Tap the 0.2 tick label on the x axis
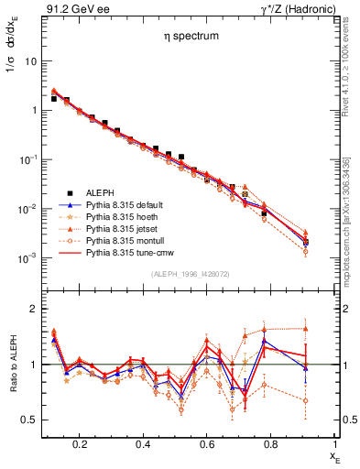pyautogui.click(x=81, y=443)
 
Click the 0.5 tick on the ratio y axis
pyautogui.click(x=28, y=420)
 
